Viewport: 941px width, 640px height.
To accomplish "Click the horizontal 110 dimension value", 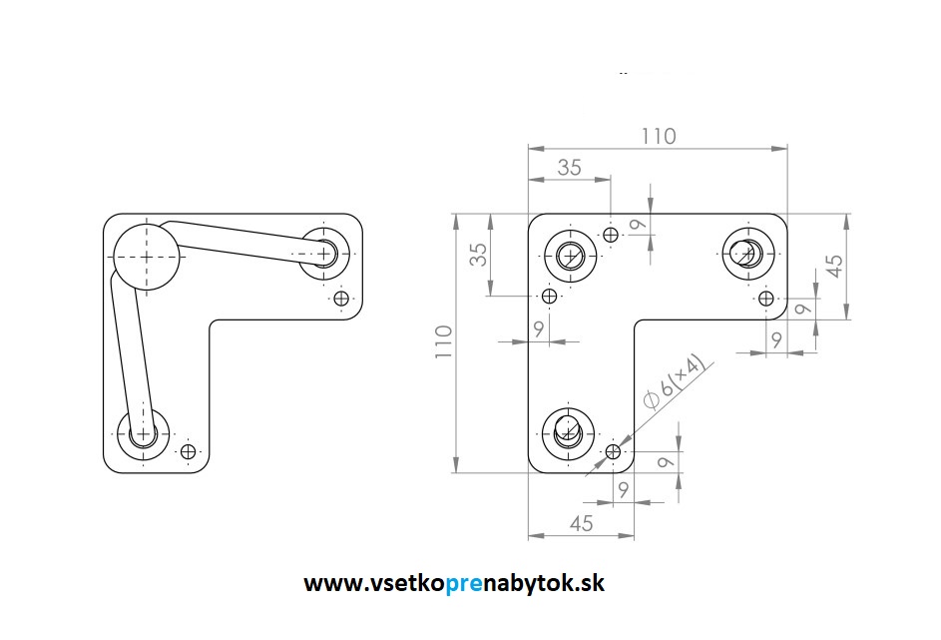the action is click(659, 136).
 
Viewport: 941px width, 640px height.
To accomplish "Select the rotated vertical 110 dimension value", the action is click(443, 341).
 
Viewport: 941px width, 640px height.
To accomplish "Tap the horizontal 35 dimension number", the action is click(569, 167).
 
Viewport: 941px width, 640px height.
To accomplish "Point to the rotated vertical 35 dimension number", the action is click(478, 255).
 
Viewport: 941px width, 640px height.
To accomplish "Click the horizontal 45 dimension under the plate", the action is click(581, 523).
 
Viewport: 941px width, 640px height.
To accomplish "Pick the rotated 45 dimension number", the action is click(834, 266).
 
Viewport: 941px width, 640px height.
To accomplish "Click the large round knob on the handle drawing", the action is click(147, 257).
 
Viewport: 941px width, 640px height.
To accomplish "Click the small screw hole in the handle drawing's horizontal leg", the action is click(341, 298).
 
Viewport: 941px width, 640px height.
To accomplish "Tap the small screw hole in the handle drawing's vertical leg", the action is click(188, 451).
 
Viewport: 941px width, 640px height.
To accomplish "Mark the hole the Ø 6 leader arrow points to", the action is click(613, 451).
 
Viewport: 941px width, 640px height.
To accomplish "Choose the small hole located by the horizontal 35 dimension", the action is click(611, 235).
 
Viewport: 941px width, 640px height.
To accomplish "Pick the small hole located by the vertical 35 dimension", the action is click(549, 296).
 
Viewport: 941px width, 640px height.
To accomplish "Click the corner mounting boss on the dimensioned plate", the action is click(570, 257).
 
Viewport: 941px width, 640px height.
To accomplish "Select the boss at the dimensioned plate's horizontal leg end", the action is click(747, 254).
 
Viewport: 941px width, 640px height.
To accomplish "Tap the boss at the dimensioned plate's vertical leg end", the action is click(568, 433).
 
